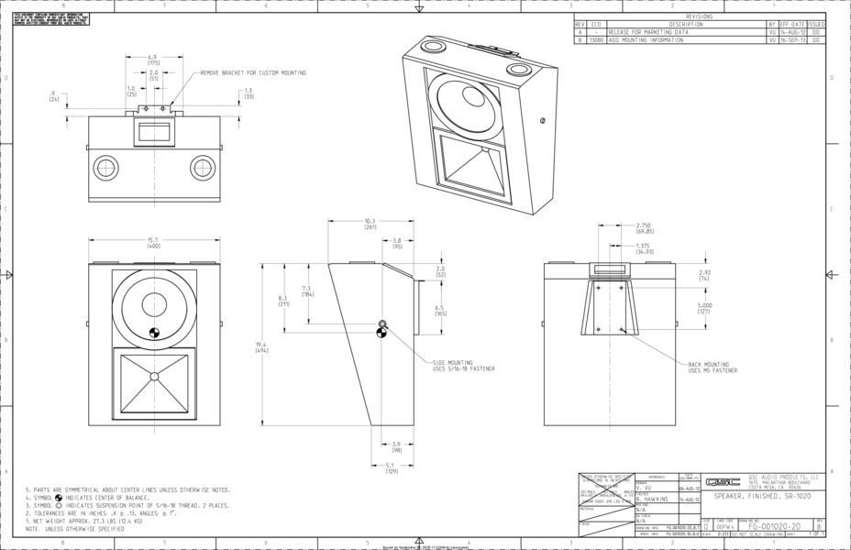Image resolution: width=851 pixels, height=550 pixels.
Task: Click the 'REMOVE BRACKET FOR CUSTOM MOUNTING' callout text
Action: coord(253,72)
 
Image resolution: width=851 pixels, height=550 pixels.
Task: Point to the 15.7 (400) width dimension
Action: coord(153,244)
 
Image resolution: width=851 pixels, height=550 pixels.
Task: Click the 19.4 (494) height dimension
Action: coord(261,346)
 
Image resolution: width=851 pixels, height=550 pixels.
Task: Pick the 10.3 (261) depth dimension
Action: coord(370,224)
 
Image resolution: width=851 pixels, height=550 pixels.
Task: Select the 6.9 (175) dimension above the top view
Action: coord(153,60)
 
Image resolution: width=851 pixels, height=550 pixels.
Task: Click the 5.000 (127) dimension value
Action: coord(705,308)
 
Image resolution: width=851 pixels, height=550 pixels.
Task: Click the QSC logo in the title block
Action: coord(729,479)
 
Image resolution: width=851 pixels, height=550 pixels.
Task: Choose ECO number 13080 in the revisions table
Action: coord(596,40)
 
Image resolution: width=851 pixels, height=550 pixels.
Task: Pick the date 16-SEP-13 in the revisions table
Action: coord(791,40)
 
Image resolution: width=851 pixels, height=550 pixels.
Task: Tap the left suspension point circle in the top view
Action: coord(105,168)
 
